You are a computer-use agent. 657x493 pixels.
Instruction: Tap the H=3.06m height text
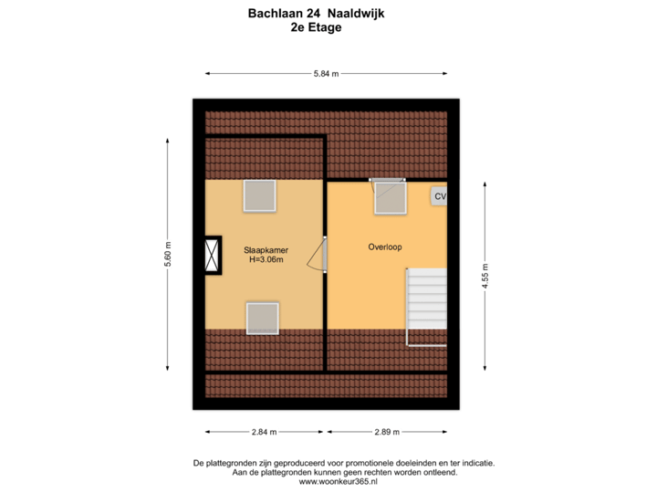point(266,260)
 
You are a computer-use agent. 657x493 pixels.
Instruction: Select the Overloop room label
point(385,246)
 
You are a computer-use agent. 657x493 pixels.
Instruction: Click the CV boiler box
point(440,196)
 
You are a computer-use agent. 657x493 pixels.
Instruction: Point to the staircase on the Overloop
point(427,298)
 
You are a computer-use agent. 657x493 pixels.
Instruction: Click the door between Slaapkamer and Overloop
point(318,255)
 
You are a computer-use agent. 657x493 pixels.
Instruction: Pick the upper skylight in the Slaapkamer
point(259,195)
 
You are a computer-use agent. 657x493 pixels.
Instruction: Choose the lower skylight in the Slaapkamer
point(262,318)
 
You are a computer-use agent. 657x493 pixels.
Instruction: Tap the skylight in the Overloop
point(390,197)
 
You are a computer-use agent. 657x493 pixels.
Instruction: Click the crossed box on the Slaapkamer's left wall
point(213,255)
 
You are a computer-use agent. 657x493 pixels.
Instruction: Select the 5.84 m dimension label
point(326,73)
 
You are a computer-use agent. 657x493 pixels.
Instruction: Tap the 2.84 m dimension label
point(265,432)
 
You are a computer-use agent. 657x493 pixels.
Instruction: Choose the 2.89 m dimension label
point(388,432)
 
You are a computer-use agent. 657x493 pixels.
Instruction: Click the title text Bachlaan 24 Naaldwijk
point(316,14)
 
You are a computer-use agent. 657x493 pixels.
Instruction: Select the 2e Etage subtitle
point(316,27)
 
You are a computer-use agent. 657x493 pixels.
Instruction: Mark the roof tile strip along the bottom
point(326,386)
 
